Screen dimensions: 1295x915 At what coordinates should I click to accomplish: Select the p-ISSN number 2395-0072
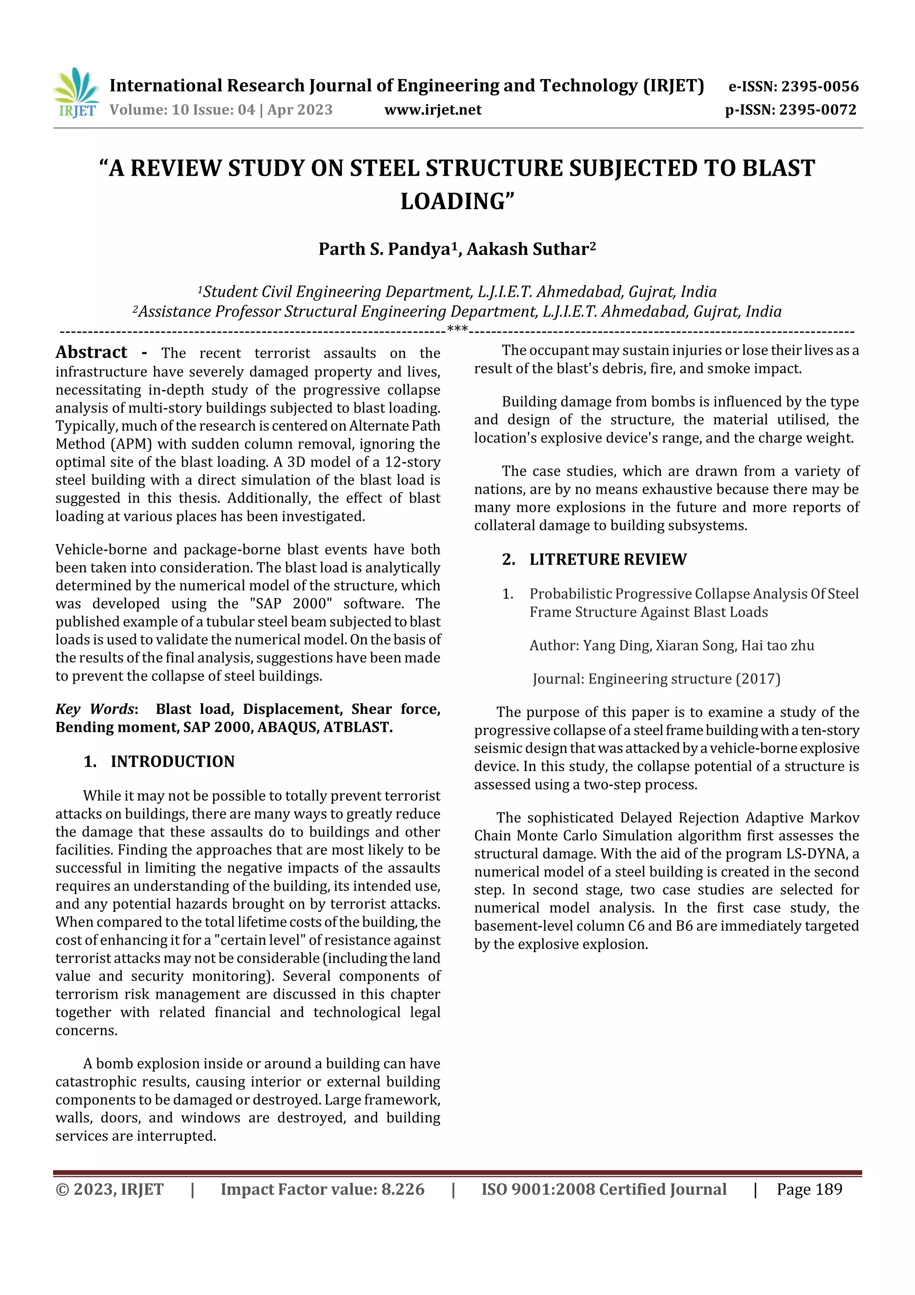818,110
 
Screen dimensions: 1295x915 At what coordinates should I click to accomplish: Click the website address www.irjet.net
432,110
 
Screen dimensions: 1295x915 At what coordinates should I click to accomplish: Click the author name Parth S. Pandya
384,249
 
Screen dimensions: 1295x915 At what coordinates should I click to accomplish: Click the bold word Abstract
91,353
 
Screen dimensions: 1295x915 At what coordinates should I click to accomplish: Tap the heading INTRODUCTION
172,761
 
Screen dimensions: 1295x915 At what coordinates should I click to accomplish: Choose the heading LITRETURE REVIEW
607,560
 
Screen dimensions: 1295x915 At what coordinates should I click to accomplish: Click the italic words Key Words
95,709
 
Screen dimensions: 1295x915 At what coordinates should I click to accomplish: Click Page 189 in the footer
809,1189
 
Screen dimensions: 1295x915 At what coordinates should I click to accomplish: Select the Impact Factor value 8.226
403,1189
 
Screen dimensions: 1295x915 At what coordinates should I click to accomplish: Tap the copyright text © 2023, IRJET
109,1189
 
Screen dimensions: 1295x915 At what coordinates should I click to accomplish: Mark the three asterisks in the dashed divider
457,329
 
